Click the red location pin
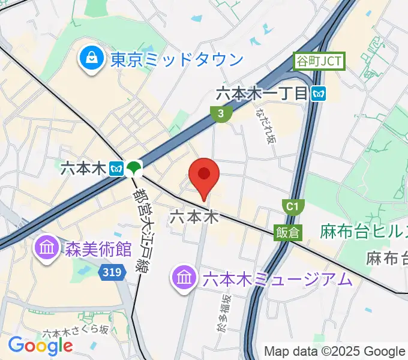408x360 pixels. tap(203, 176)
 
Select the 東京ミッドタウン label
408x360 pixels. tap(176, 59)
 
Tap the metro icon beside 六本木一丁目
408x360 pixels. tap(319, 93)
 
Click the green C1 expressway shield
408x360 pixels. tap(292, 207)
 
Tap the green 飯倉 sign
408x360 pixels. tap(288, 232)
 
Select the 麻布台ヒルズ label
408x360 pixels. tap(364, 230)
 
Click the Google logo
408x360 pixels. tap(40, 345)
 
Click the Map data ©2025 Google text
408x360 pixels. tap(334, 352)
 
